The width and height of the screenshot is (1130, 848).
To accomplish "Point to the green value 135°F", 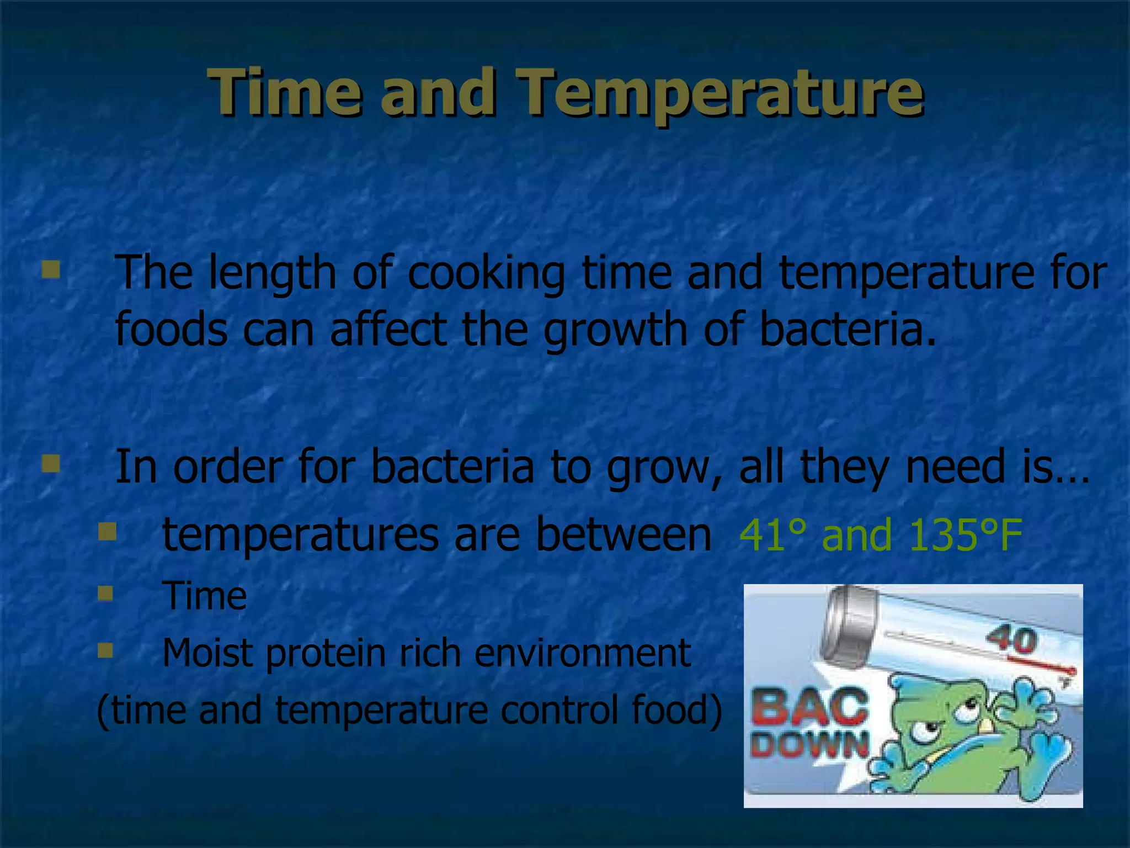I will click(x=966, y=535).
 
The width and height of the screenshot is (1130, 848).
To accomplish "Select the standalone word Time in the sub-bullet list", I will click(x=204, y=596).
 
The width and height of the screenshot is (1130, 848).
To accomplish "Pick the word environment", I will click(x=582, y=653).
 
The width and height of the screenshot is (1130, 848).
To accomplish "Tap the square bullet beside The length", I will click(x=51, y=270).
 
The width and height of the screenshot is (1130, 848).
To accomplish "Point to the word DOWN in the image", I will click(x=809, y=745).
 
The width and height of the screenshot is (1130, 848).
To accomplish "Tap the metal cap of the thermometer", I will click(x=850, y=624).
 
